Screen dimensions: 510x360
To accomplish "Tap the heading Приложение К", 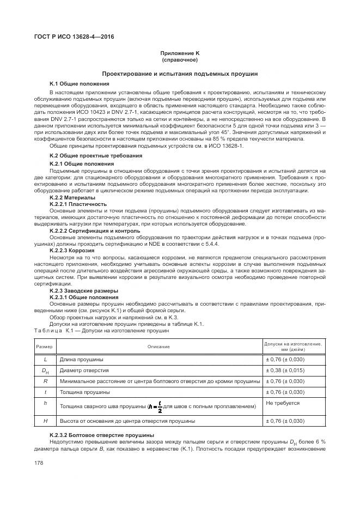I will [x=180, y=54].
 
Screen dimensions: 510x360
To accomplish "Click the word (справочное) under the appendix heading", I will [x=180, y=60].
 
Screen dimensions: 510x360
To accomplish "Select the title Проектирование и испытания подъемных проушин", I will [x=180, y=74].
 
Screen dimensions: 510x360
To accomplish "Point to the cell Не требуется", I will [x=283, y=403].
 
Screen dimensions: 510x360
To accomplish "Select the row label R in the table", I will [x=45, y=381].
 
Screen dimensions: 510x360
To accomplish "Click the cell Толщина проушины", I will [x=85, y=392].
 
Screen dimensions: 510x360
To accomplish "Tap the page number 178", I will [x=41, y=463].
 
